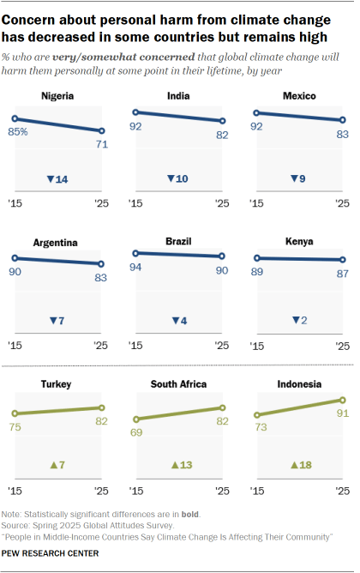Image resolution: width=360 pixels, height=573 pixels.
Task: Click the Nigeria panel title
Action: coord(58,97)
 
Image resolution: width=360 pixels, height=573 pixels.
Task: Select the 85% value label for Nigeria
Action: coord(19,132)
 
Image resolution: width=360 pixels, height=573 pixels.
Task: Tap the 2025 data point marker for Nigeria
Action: coord(103,131)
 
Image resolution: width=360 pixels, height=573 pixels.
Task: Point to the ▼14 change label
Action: coord(58,178)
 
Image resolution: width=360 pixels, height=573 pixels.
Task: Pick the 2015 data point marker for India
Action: coord(135,112)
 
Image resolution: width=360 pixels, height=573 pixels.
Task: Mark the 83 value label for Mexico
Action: coord(343,136)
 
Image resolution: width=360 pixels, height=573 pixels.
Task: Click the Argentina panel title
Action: coord(58,243)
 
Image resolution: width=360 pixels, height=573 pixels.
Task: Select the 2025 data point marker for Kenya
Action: coord(344,260)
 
